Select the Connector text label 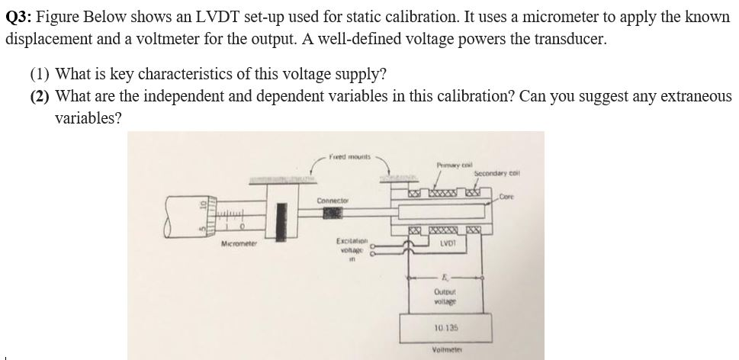pos(333,200)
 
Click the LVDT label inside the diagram pos(448,243)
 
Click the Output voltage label pos(445,297)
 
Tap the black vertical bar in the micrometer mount pos(284,217)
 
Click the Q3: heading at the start pos(21,17)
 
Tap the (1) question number pos(40,74)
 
